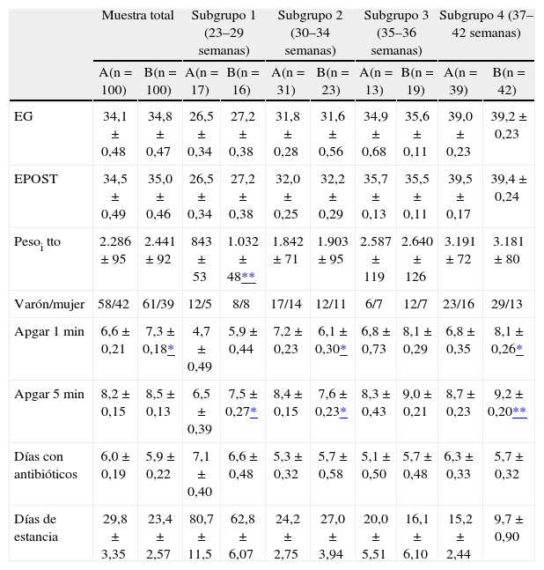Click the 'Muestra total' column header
[136, 16]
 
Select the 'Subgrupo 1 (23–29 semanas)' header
[223, 33]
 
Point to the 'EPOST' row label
[35, 179]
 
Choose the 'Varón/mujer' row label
[48, 304]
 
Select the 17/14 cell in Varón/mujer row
[288, 304]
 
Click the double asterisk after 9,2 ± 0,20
[519, 411]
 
